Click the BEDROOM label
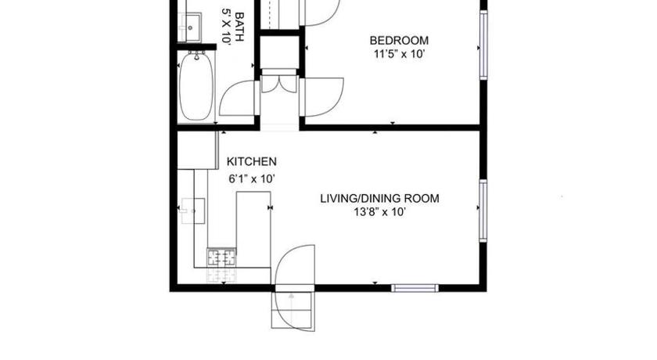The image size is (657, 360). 399,41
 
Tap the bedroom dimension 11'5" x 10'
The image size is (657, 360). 400,54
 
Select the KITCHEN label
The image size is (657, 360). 251,162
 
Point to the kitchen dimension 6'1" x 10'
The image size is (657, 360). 251,179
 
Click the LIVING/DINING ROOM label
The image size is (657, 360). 379,198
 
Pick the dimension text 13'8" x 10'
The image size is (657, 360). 379,212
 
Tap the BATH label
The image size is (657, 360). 239,27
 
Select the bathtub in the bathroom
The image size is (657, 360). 196,87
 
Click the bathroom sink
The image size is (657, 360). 190,27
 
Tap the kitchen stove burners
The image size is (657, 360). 221,257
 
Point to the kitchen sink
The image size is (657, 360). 192,211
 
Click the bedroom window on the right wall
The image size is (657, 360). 483,45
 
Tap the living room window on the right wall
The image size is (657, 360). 483,211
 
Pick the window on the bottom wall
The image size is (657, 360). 415,288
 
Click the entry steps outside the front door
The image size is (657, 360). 293,310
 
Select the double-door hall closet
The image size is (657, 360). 279,83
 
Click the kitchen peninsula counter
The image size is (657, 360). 253,229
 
